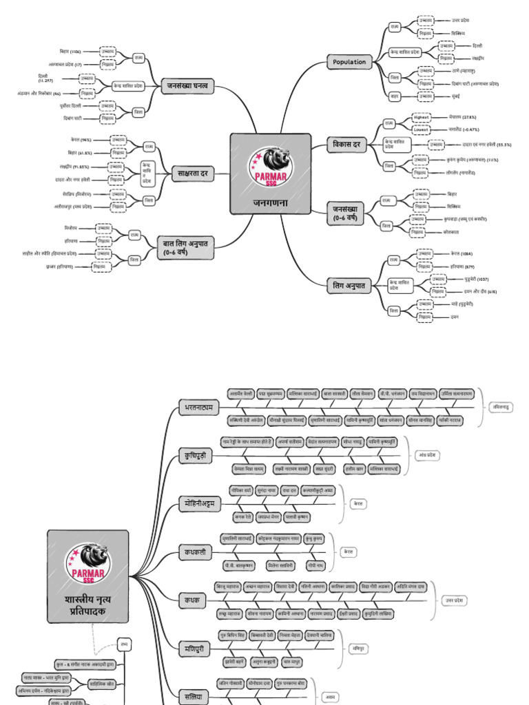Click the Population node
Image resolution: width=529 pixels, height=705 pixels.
tap(349, 62)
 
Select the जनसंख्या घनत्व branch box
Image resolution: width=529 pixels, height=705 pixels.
tap(189, 86)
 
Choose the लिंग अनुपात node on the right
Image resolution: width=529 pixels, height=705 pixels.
tap(349, 284)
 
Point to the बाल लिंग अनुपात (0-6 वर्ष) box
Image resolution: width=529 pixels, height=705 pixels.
tap(185, 246)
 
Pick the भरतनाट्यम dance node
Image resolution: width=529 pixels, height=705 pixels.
tap(198, 408)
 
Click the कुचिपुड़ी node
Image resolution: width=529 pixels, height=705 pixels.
tap(194, 456)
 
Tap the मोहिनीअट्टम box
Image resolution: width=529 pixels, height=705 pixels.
tap(200, 503)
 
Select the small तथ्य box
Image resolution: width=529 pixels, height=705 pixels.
tap(123, 644)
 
